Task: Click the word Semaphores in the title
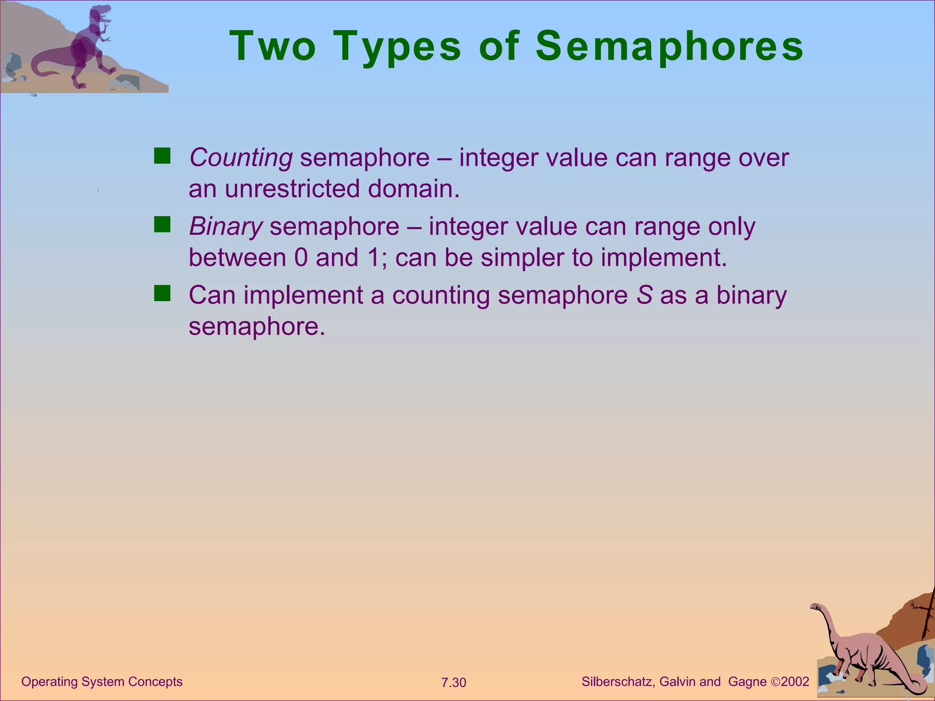[669, 47]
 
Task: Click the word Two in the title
[273, 47]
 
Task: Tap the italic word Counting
[241, 158]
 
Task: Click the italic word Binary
[226, 227]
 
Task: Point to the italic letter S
[644, 295]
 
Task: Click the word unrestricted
[292, 189]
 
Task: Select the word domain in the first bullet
[413, 189]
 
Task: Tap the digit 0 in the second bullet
[301, 258]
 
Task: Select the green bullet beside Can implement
[162, 293]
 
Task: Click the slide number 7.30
[453, 683]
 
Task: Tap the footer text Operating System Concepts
[102, 682]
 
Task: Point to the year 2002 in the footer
[795, 682]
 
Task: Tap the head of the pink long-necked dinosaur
[816, 607]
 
